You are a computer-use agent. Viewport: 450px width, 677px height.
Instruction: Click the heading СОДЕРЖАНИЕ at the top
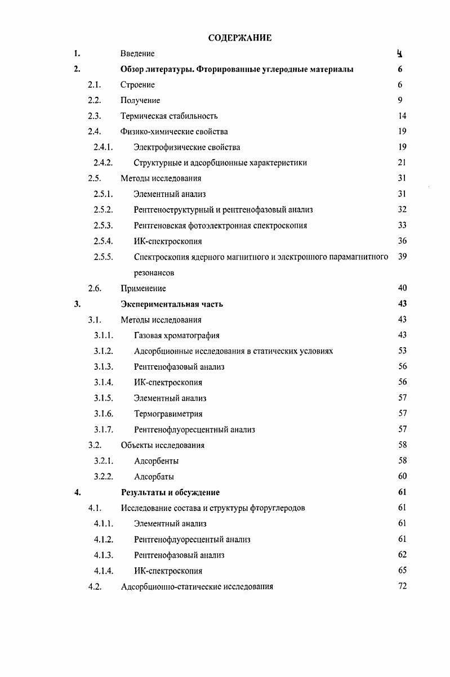[x=239, y=38]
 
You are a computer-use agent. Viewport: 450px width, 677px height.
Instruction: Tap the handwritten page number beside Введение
[x=399, y=54]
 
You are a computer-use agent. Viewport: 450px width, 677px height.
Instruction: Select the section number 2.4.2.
[x=104, y=163]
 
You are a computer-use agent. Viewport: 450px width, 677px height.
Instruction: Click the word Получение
[x=140, y=101]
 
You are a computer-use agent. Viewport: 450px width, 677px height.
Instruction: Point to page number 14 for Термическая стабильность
[x=402, y=116]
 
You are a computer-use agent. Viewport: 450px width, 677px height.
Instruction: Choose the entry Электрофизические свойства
[x=187, y=147]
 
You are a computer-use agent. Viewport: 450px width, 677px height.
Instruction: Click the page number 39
[x=402, y=257]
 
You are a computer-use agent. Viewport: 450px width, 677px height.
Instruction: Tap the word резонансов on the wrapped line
[x=154, y=273]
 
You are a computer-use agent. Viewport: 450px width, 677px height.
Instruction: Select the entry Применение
[x=143, y=289]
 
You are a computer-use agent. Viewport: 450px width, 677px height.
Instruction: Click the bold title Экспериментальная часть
[x=172, y=304]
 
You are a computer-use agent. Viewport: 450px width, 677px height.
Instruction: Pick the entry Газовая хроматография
[x=177, y=336]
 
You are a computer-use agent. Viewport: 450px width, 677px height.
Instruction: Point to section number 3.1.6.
[x=104, y=414]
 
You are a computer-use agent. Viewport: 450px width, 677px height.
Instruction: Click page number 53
[x=402, y=351]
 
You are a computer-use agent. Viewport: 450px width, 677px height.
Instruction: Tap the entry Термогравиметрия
[x=168, y=414]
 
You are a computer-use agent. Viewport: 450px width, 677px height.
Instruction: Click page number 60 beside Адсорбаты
[x=402, y=477]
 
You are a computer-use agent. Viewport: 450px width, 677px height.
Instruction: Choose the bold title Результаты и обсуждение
[x=170, y=492]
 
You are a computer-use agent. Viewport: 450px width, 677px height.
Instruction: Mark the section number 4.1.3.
[x=104, y=555]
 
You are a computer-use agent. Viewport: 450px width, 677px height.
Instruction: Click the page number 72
[x=402, y=586]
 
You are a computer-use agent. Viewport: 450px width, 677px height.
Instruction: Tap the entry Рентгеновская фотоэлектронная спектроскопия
[x=220, y=226]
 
